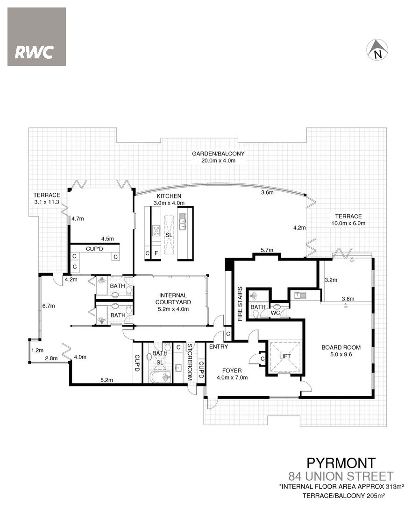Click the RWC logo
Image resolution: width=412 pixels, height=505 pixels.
click(36, 37)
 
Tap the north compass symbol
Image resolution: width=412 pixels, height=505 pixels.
click(377, 50)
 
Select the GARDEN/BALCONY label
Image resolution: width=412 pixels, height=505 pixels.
click(218, 154)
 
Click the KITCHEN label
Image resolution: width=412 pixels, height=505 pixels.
click(169, 196)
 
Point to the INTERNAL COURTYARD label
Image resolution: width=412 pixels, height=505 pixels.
click(173, 299)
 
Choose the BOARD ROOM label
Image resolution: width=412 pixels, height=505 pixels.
click(341, 347)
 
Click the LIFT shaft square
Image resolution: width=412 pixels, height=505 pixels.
click(285, 357)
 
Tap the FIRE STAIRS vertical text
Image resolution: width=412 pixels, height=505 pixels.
click(240, 304)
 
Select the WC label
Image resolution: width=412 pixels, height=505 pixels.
click(275, 312)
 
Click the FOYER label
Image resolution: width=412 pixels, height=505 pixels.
click(232, 371)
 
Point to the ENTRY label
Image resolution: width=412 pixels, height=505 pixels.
click(219, 346)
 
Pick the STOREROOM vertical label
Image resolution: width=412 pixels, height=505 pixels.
click(190, 362)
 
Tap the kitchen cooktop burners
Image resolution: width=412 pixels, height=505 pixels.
click(156, 230)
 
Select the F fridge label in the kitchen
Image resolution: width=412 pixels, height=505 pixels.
click(156, 253)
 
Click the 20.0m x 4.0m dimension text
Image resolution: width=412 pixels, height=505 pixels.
click(218, 161)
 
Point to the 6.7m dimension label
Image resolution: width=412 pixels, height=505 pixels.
click(49, 306)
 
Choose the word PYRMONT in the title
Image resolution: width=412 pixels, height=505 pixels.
click(341, 463)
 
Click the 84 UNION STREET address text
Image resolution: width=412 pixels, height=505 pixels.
click(341, 476)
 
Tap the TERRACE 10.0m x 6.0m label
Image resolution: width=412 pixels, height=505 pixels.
click(348, 220)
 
